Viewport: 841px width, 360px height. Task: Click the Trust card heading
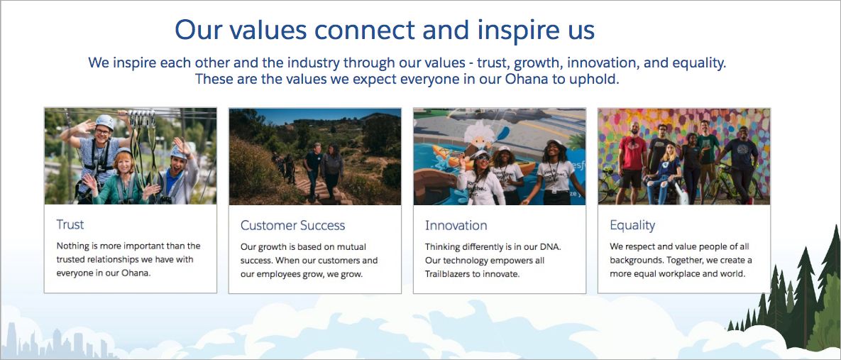click(70, 224)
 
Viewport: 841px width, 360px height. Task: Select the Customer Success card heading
click(293, 225)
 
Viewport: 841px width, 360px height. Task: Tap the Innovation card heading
click(456, 225)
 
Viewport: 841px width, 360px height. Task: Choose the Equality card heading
click(632, 225)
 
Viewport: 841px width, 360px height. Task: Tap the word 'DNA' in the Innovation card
click(550, 247)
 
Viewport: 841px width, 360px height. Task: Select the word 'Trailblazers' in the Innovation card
click(449, 274)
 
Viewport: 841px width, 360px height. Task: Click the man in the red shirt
click(633, 161)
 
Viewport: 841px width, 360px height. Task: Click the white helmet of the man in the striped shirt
click(104, 121)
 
